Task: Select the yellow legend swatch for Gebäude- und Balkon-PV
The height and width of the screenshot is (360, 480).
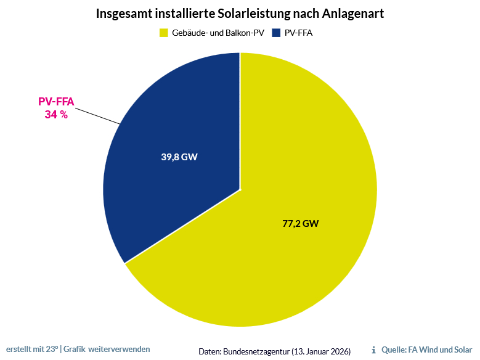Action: tap(164, 33)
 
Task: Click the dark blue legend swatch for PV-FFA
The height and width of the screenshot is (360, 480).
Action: tap(277, 33)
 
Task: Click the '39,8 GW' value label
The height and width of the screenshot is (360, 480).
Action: tap(179, 157)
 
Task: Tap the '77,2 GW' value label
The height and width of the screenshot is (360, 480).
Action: tap(300, 224)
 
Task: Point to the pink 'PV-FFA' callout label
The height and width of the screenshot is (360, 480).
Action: tap(56, 102)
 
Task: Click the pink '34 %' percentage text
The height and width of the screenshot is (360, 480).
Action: tap(56, 115)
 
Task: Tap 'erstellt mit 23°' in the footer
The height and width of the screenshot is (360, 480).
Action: tap(32, 349)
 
